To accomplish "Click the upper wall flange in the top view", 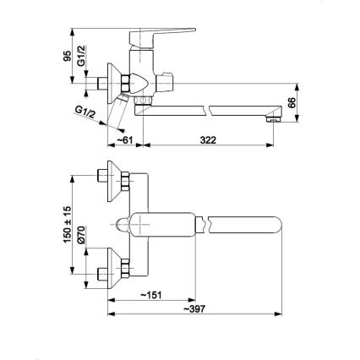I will point(109,177).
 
